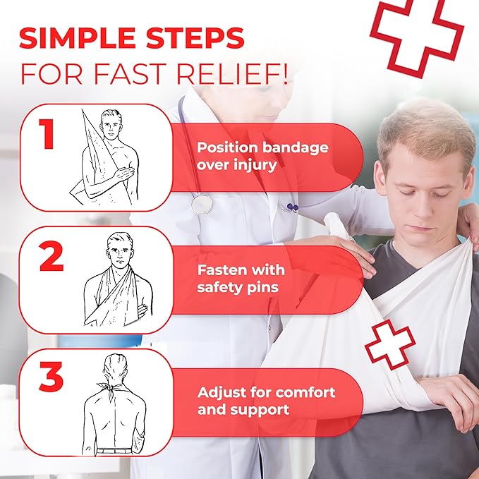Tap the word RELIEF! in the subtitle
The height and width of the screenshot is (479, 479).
pyautogui.click(x=232, y=74)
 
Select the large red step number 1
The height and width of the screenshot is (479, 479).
pyautogui.click(x=47, y=134)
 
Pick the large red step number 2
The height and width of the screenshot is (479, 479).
pyautogui.click(x=51, y=256)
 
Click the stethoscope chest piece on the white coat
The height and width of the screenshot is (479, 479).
pyautogui.click(x=202, y=204)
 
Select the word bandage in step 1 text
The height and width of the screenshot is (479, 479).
pyautogui.click(x=296, y=148)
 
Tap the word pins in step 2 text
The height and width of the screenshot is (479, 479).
pyautogui.click(x=262, y=288)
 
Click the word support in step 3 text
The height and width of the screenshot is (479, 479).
pyautogui.click(x=260, y=410)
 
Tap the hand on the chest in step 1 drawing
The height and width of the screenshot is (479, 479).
pyautogui.click(x=124, y=174)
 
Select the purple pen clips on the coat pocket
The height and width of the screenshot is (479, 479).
pyautogui.click(x=292, y=207)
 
